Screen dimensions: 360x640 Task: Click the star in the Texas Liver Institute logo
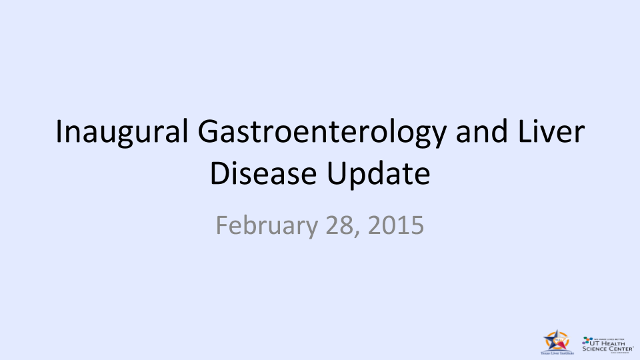pyautogui.click(x=557, y=341)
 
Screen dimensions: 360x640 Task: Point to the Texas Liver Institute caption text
pyautogui.click(x=557, y=353)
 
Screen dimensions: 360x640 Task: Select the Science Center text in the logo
pyautogui.click(x=607, y=348)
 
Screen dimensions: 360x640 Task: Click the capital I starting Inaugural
pyautogui.click(x=59, y=131)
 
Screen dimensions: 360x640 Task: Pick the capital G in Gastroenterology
pyautogui.click(x=208, y=131)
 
